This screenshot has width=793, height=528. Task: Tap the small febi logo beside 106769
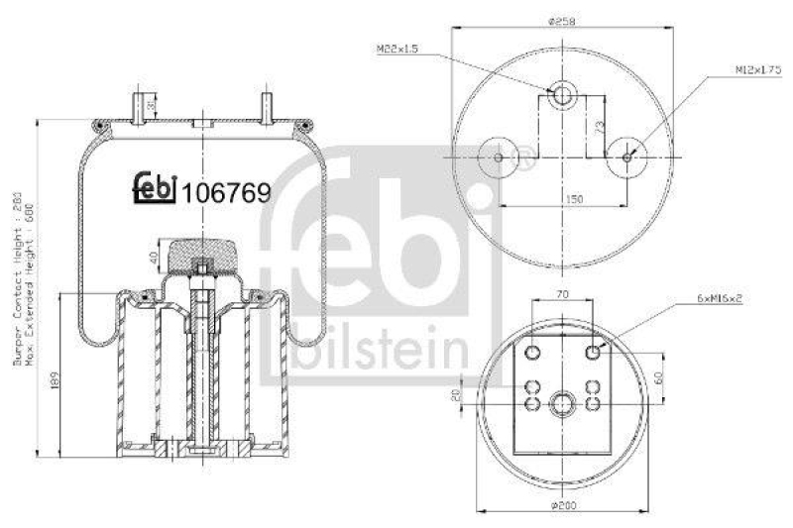click(154, 188)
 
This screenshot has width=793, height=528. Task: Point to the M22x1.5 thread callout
click(397, 48)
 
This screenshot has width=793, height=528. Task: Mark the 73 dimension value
click(600, 125)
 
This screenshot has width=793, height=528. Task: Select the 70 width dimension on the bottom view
click(562, 294)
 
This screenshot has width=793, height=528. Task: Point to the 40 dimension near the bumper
click(155, 260)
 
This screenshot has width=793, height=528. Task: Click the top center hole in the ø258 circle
click(564, 96)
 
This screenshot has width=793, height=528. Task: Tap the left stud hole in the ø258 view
click(498, 156)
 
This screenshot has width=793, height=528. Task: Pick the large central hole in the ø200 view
click(564, 404)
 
